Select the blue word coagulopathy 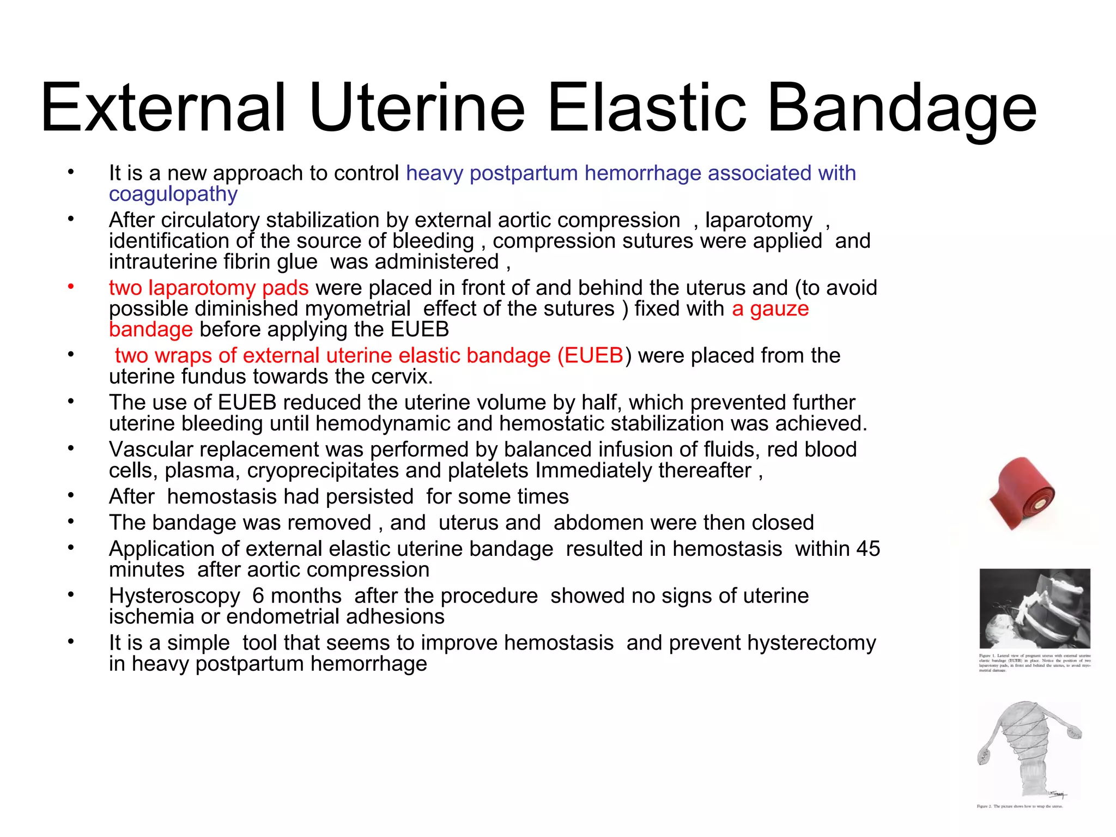pyautogui.click(x=173, y=195)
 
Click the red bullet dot pyautogui.click(x=70, y=287)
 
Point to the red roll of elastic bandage pyautogui.click(x=1022, y=494)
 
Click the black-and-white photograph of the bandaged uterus pyautogui.click(x=1034, y=608)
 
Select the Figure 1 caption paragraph pyautogui.click(x=1034, y=663)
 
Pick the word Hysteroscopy pyautogui.click(x=174, y=596)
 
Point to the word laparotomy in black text pyautogui.click(x=759, y=220)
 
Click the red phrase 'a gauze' pyautogui.click(x=770, y=309)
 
